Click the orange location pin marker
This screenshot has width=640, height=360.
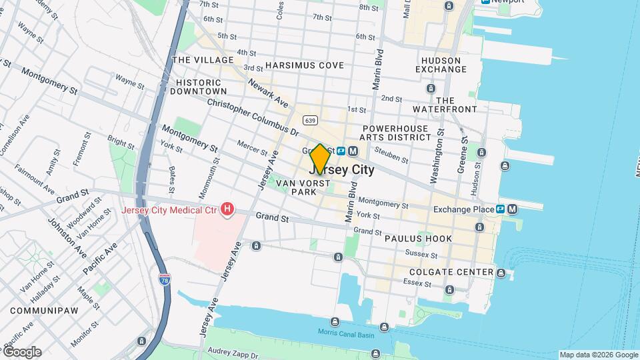[x=320, y=159]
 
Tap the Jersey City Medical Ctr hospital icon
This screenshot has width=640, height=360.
[x=227, y=210]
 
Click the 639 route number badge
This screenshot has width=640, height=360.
[x=309, y=120]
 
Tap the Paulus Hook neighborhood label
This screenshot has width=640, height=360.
[x=418, y=238]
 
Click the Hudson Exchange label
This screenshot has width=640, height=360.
[x=441, y=65]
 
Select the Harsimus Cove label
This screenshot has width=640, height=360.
[x=304, y=65]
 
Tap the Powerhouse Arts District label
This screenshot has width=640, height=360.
[x=397, y=132]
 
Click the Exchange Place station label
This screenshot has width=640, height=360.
[x=463, y=209]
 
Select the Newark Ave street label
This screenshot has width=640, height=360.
[x=267, y=93]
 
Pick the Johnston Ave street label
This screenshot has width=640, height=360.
[x=67, y=237]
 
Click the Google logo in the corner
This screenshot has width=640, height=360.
[x=22, y=352]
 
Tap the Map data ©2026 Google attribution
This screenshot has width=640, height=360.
[x=598, y=355]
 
